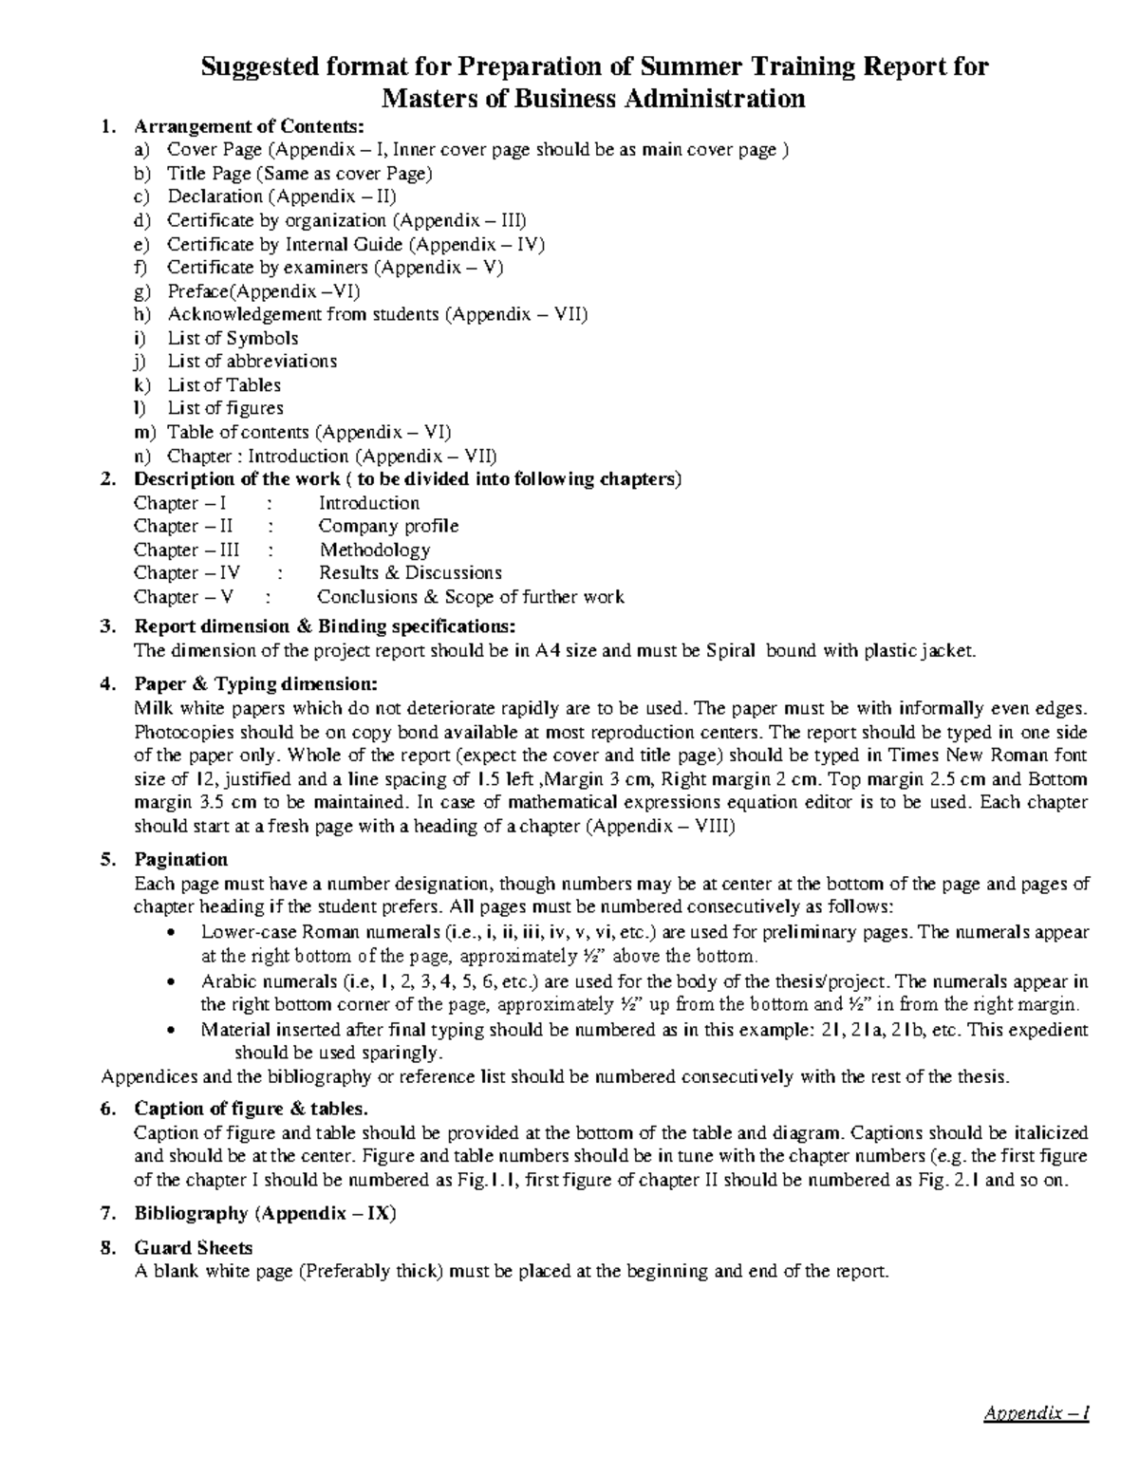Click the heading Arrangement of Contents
click(x=248, y=126)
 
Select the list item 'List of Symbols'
click(x=233, y=338)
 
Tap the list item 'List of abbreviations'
click(x=252, y=362)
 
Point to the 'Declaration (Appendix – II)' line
click(x=282, y=196)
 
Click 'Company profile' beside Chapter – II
click(x=388, y=526)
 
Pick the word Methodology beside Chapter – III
click(x=375, y=550)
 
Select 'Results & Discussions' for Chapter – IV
click(x=410, y=573)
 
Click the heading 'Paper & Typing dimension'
click(x=255, y=684)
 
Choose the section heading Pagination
click(x=180, y=860)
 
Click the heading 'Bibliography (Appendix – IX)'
click(x=265, y=1214)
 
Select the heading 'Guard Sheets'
click(x=193, y=1248)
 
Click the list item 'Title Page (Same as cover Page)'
click(x=299, y=173)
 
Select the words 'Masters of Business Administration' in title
click(x=592, y=98)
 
